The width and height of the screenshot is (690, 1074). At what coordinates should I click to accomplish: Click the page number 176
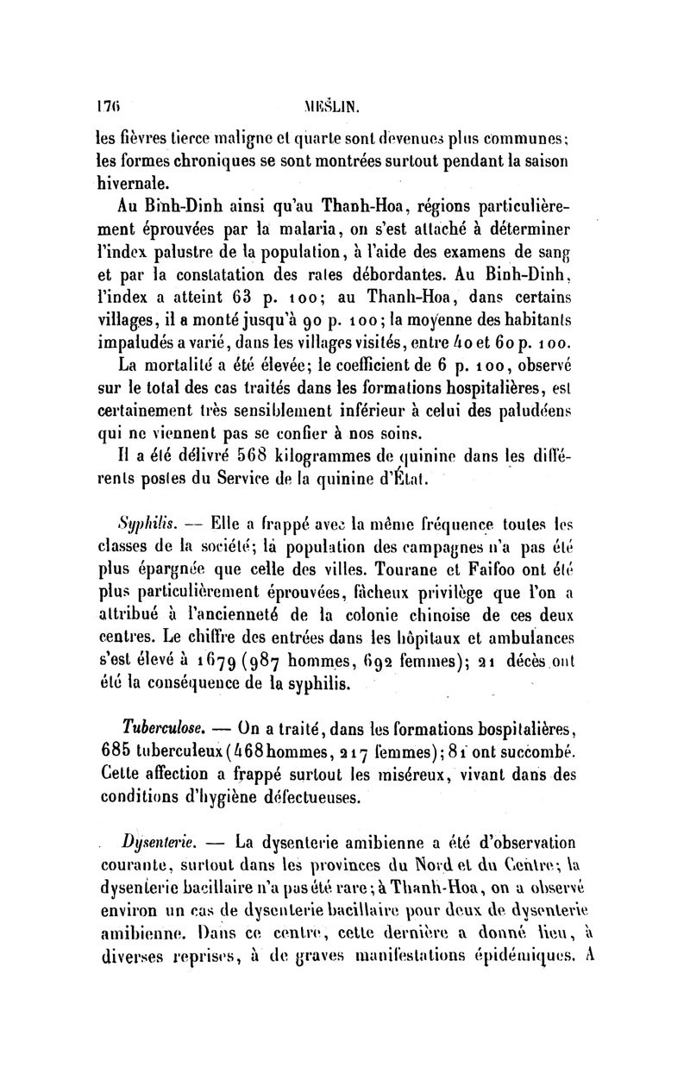pyautogui.click(x=107, y=110)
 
